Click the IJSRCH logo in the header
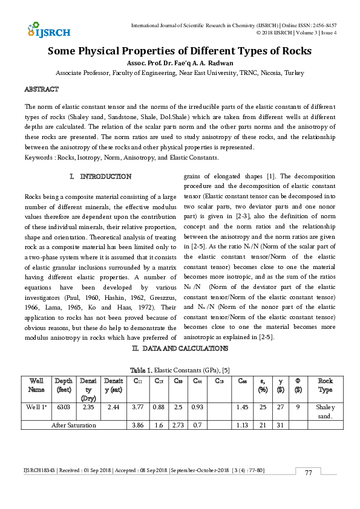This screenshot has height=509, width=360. click(49, 30)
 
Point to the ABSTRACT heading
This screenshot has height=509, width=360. click(41, 89)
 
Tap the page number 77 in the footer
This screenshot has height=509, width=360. click(308, 473)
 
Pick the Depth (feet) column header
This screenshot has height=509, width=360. click(64, 384)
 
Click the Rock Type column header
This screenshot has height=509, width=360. click(326, 384)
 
